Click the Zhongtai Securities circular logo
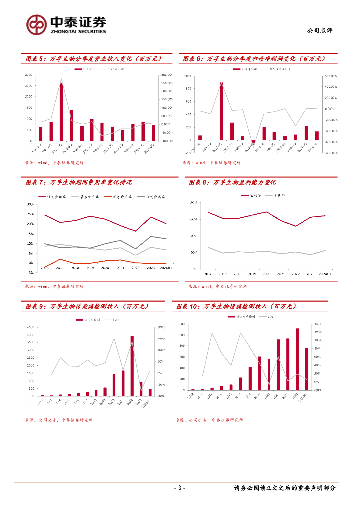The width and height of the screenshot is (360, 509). coord(36,24)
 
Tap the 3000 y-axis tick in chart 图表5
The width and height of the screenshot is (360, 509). coord(29,75)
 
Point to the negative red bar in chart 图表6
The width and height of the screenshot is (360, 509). coord(253,142)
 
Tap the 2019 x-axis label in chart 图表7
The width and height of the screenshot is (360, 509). coord(90,268)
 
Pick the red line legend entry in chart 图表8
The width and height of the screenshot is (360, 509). coord(246,196)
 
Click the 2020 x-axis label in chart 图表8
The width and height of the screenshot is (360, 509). coord(267,274)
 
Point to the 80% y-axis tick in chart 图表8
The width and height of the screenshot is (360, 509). coord(194,203)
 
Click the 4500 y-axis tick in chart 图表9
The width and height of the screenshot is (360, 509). coord(31,327)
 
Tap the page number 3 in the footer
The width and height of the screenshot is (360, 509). coord(180,488)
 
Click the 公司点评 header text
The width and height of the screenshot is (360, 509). coord(320,30)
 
